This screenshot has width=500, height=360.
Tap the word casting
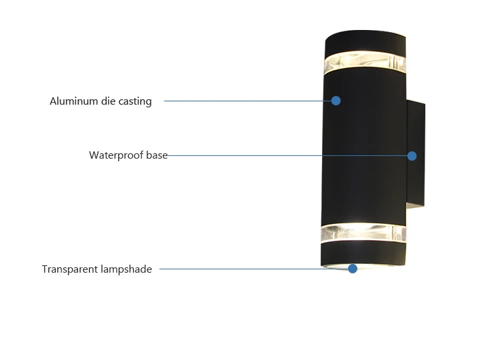click(135, 102)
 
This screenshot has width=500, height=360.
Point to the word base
click(157, 155)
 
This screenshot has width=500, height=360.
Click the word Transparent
click(69, 269)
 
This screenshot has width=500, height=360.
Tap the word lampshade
click(126, 269)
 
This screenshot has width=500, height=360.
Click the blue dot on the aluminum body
click(336, 101)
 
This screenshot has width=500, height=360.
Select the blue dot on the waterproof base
click(412, 156)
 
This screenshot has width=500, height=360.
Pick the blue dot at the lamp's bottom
click(353, 269)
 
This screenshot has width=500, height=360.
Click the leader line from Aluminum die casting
click(247, 101)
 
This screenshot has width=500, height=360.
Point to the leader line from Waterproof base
click(287, 156)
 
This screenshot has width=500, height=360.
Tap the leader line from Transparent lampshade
click(253, 269)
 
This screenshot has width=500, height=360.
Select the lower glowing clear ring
click(363, 233)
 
